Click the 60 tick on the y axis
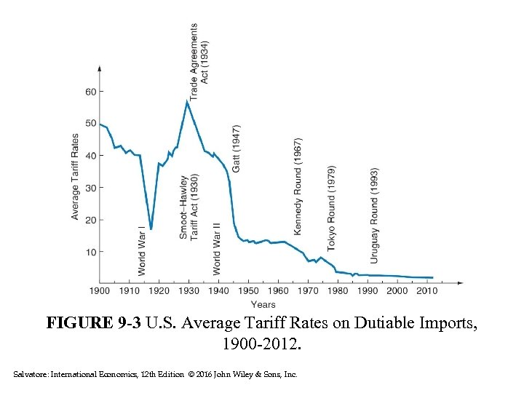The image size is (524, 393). click(90, 92)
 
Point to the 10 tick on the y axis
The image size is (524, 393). click(90, 252)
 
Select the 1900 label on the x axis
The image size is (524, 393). click(100, 291)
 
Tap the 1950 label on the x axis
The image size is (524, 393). click(248, 291)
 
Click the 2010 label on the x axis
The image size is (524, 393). click(427, 291)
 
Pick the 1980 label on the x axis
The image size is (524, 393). click(338, 291)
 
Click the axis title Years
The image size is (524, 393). click(263, 304)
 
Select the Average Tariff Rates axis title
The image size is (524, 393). click(75, 175)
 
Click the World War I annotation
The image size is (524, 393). click(142, 250)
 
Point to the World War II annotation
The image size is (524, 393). click(216, 248)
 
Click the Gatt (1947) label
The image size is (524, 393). click(237, 148)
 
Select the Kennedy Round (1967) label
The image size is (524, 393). click(298, 186)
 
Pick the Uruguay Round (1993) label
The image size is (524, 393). click(374, 205)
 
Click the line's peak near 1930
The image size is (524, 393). click(187, 101)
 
